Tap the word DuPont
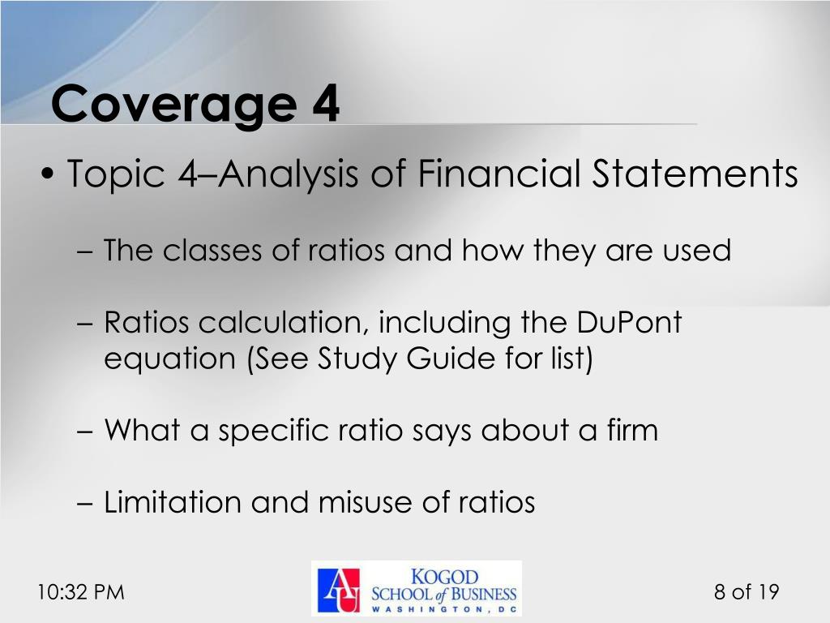coord(630,323)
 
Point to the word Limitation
coord(173,503)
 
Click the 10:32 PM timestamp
coord(81,592)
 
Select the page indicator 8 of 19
coord(746,592)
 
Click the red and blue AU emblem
coord(338,590)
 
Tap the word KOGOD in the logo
coord(445,577)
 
